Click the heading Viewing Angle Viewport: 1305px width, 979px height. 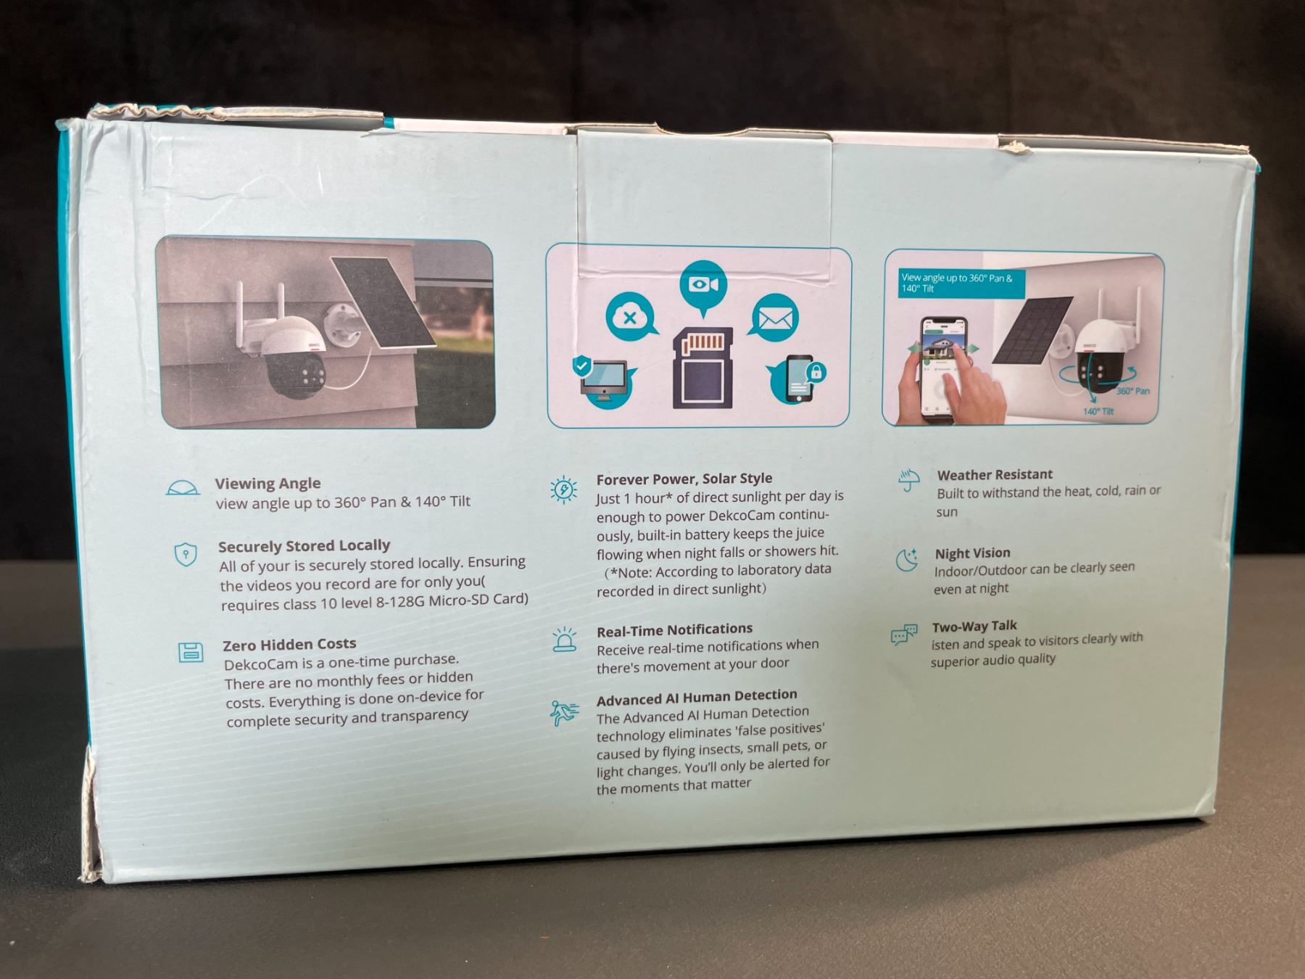coord(268,484)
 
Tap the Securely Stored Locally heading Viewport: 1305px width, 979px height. coord(304,546)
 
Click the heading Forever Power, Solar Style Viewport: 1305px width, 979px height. coord(684,479)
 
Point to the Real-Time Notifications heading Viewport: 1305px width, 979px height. coord(674,629)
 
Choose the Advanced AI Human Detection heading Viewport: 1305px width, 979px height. coord(697,698)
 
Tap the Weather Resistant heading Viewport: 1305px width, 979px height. coord(995,475)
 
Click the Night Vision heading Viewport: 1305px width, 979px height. coord(972,553)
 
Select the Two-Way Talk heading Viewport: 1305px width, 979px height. coord(974,627)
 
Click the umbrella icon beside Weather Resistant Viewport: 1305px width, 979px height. coord(908,480)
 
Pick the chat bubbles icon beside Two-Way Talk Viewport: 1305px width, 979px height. coord(903,635)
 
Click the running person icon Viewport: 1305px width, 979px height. coord(564,713)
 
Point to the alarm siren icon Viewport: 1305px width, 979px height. coord(565,640)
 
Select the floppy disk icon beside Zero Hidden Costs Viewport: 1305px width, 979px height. coord(191,652)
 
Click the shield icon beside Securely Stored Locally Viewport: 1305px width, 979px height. coord(186,555)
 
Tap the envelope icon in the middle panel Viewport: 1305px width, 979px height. coord(775,318)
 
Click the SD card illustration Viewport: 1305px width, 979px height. coord(703,368)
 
